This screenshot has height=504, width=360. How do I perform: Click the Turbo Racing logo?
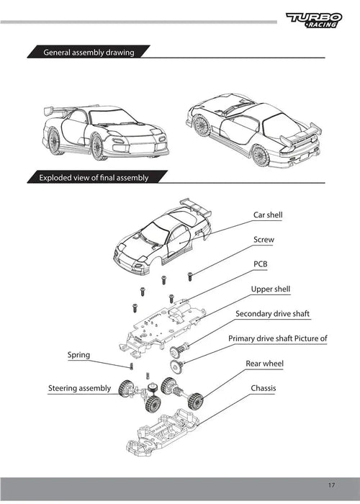[314, 20]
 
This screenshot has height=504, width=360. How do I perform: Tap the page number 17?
[331, 485]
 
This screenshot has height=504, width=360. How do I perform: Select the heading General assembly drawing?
[89, 53]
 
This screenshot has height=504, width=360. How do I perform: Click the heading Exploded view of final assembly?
[94, 178]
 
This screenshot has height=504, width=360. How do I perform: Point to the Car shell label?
[268, 215]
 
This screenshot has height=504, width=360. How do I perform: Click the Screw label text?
[264, 240]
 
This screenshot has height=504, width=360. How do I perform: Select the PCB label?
[261, 264]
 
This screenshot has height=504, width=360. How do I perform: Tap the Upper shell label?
[270, 289]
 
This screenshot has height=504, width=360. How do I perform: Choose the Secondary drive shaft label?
[272, 314]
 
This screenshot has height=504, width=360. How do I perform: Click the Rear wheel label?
[264, 364]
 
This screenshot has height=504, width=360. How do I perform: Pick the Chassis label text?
[264, 388]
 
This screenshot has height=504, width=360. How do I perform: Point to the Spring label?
[78, 355]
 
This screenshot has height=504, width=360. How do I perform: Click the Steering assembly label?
[79, 388]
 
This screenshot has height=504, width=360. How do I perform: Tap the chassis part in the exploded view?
[162, 431]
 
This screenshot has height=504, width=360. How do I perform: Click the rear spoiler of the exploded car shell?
[195, 207]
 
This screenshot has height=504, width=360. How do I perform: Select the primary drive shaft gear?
[176, 366]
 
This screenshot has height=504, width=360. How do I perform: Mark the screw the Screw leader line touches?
[190, 276]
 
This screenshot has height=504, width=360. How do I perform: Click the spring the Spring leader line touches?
[131, 366]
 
